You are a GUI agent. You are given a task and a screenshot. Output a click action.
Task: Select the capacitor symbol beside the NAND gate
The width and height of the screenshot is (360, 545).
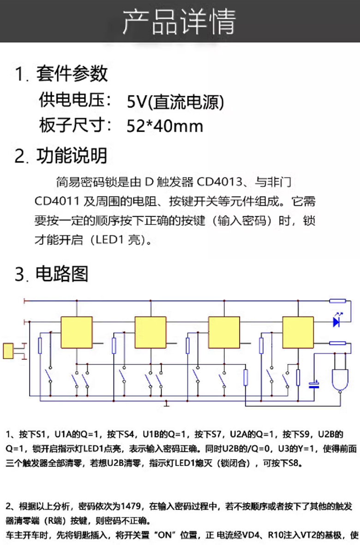(x=314, y=385)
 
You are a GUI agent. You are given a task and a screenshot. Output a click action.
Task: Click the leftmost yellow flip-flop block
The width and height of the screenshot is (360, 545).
(x=77, y=332)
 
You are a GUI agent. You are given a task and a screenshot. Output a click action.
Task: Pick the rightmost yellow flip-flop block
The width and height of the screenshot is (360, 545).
(x=298, y=332)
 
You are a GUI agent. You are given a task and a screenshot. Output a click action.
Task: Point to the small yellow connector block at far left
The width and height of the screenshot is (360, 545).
(x=8, y=351)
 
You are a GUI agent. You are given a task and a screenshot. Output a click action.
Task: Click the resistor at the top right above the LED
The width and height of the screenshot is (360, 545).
(x=337, y=301)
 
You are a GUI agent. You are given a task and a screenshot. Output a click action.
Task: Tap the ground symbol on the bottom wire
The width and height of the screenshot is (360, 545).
(x=167, y=404)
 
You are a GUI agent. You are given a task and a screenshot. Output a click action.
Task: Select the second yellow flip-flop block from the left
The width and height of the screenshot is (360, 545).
(x=150, y=332)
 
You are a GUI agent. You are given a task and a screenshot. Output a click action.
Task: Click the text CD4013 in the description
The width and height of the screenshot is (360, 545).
(x=219, y=182)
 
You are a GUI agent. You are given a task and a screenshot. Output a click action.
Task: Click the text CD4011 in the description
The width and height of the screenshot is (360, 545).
(x=57, y=201)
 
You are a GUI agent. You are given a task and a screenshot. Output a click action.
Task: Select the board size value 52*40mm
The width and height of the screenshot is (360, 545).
(x=165, y=126)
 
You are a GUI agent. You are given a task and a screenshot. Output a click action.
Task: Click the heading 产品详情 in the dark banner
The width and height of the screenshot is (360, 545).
(x=179, y=22)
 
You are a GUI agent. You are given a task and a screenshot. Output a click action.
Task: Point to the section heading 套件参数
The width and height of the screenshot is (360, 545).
(x=72, y=74)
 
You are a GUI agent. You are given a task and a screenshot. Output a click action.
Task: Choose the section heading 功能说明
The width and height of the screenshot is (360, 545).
(x=72, y=155)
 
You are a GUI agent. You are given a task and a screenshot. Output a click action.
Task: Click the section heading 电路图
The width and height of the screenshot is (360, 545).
(x=62, y=274)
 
